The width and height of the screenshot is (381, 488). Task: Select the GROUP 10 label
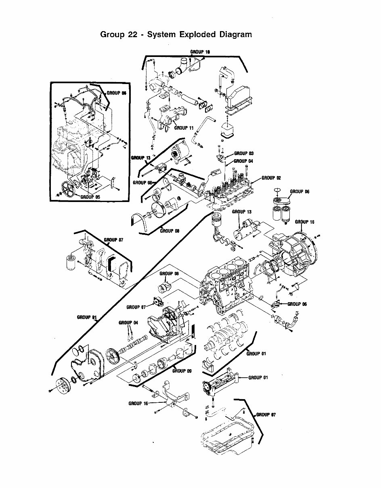pyautogui.click(x=200, y=52)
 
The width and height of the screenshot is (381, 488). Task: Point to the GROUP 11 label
pyautogui.click(x=184, y=128)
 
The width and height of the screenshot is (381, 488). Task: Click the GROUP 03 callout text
pyautogui.click(x=244, y=154)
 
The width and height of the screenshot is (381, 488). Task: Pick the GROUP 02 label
pyautogui.click(x=271, y=178)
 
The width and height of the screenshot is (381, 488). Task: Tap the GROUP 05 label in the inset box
pyautogui.click(x=90, y=197)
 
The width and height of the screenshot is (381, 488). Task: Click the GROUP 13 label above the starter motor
pyautogui.click(x=241, y=212)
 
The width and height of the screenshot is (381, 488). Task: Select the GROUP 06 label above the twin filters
pyautogui.click(x=299, y=191)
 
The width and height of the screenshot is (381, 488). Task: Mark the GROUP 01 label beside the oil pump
pyautogui.click(x=258, y=378)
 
